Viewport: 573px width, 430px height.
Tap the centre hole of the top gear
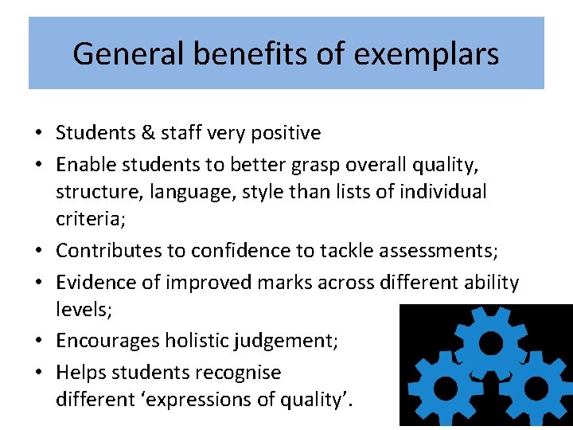point(491,342)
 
